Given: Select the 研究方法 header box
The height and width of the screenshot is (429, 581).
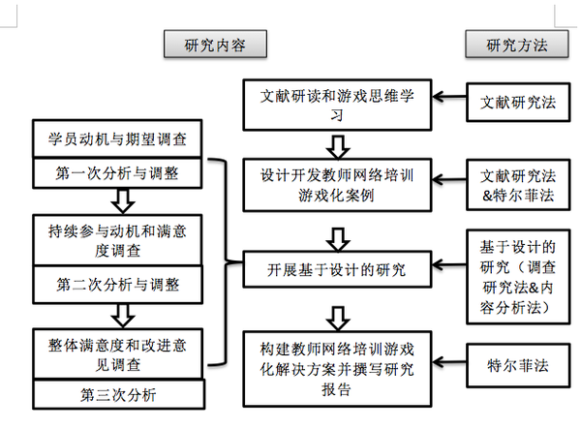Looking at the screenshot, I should click(x=516, y=45).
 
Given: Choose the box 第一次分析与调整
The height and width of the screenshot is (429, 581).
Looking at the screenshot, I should click(x=117, y=175).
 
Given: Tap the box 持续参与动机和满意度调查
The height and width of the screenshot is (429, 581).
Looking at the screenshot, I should click(x=117, y=240).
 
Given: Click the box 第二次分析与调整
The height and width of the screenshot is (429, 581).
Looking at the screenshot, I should click(x=117, y=287).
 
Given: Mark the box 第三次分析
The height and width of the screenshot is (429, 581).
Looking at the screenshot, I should click(x=117, y=395).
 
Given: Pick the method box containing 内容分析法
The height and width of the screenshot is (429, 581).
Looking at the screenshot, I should click(x=516, y=274).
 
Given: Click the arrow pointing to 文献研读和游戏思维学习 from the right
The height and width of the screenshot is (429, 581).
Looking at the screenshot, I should click(x=450, y=98).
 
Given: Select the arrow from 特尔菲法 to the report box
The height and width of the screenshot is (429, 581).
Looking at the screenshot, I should click(x=450, y=368).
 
